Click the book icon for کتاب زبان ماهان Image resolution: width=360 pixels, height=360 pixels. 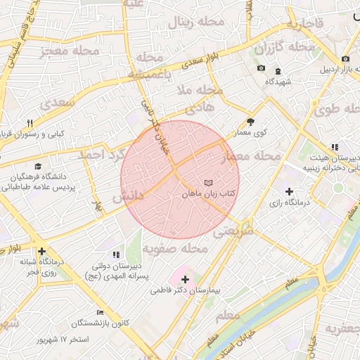[x=207, y=183]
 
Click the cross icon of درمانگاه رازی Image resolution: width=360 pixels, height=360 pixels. [x=289, y=191]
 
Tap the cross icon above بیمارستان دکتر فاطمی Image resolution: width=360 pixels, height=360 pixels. [x=185, y=279]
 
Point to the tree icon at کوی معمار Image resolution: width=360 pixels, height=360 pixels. [x=250, y=122]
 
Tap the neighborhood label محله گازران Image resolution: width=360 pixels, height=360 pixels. [x=284, y=48]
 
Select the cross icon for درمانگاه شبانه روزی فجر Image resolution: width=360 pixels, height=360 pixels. [x=42, y=250]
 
